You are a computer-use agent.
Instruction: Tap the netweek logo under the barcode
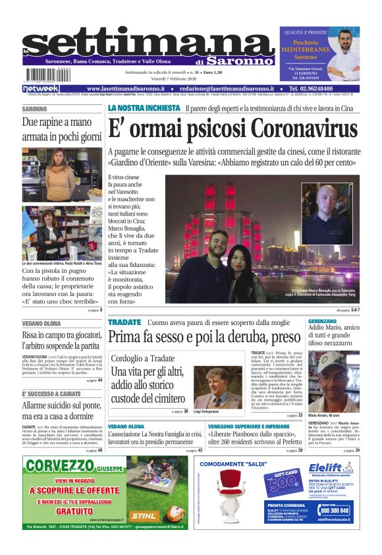pos(41,88)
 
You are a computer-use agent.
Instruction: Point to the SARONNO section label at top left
pos(35,109)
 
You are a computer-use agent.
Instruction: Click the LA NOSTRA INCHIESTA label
pos(144,107)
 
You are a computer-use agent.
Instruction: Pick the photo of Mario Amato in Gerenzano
pos(333,372)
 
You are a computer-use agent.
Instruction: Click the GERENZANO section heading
pos(327,321)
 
